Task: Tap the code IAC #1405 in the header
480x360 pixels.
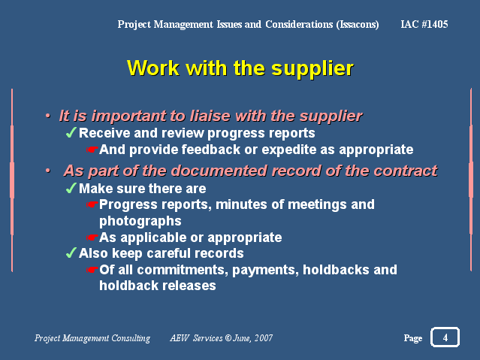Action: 424,24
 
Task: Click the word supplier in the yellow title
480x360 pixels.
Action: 312,68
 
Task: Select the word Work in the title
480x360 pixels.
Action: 153,68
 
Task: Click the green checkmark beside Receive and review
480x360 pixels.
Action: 71,133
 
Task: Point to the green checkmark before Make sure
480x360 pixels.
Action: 71,188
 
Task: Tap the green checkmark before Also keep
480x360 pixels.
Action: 71,253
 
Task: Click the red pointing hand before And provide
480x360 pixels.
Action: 92,150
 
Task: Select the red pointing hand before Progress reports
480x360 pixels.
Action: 92,204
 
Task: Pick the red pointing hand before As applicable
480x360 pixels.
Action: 92,237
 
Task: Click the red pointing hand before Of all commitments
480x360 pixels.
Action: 92,270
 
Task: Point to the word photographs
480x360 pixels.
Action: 140,222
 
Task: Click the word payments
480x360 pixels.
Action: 265,271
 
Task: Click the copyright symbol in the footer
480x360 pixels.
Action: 228,337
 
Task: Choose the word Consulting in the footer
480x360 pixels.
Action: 131,338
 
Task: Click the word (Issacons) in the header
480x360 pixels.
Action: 358,24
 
